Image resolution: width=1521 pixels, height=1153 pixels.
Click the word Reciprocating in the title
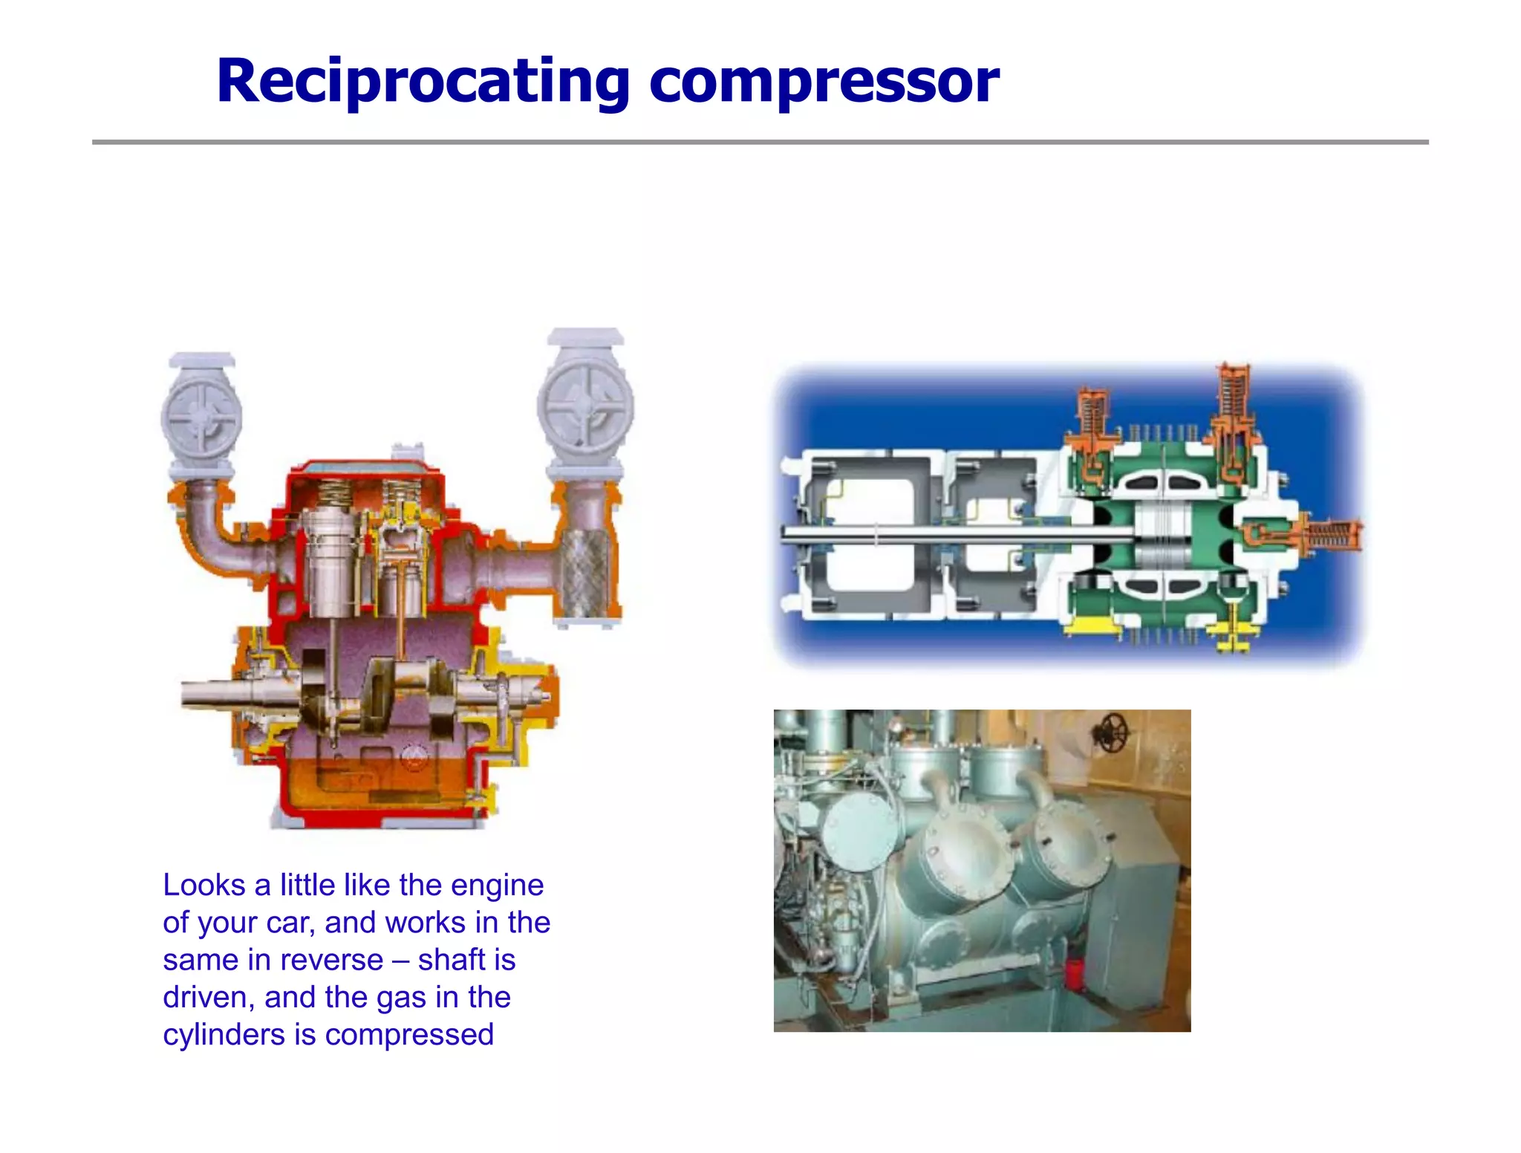pos(423,82)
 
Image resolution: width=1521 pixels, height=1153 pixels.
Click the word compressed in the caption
pos(409,1035)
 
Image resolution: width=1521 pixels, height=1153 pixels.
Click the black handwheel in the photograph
pos(1113,731)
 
